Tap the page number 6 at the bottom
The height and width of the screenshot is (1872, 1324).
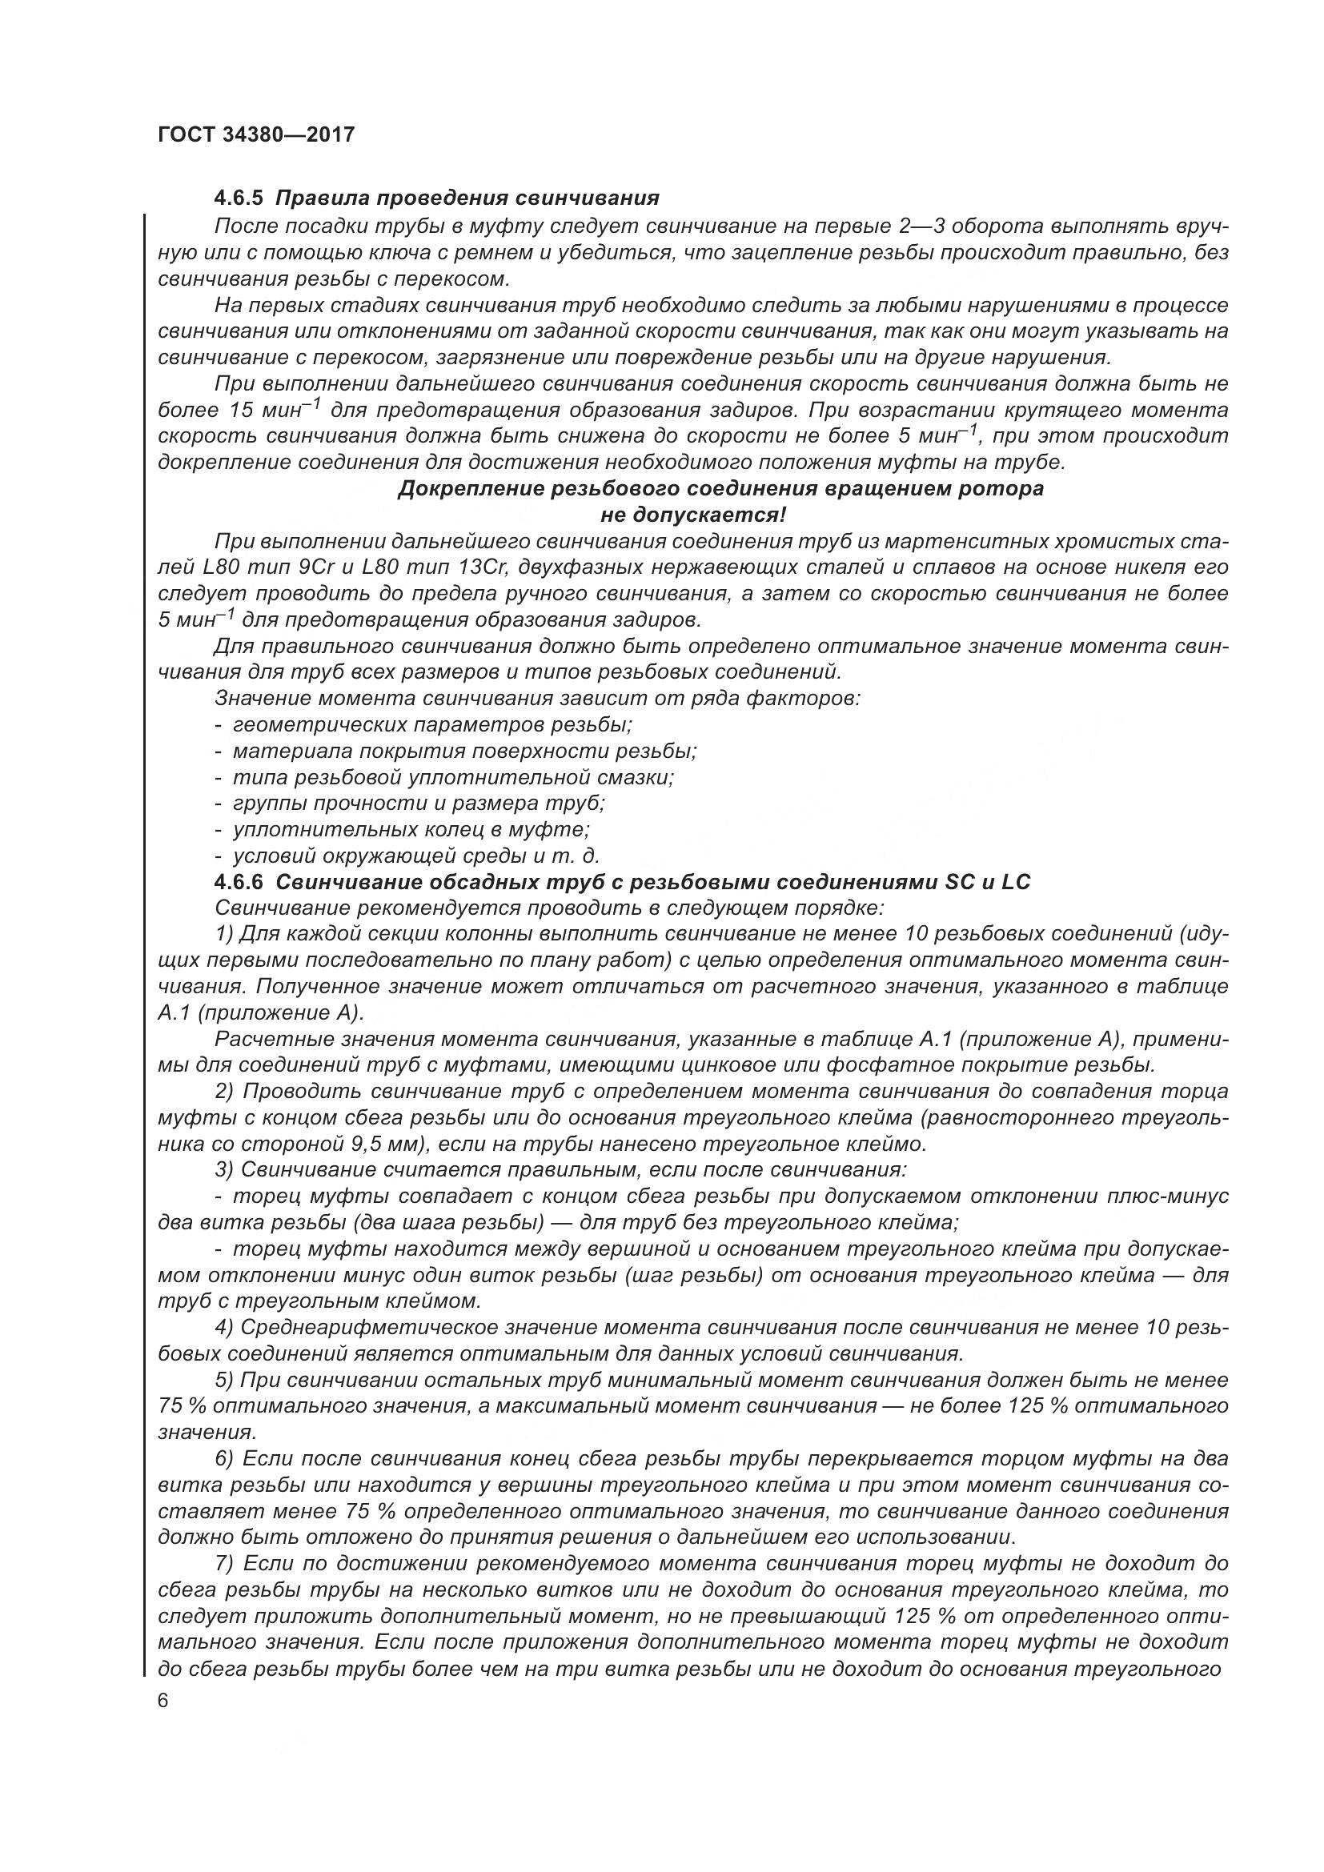[x=164, y=1702]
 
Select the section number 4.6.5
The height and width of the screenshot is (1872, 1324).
[x=239, y=198]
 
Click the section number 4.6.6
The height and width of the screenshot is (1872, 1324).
[x=239, y=882]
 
